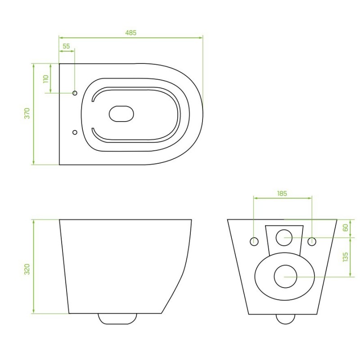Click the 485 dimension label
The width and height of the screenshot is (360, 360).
(130, 33)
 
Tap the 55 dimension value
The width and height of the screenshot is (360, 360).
(66, 46)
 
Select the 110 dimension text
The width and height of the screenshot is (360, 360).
(46, 79)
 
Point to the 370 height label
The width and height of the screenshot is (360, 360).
(27, 113)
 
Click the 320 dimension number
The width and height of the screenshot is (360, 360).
(27, 269)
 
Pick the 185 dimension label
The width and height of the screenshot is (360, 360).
(282, 193)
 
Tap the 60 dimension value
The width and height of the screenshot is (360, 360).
(345, 228)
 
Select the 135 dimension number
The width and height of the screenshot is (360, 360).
(345, 257)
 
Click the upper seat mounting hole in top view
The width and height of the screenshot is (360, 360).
(75, 93)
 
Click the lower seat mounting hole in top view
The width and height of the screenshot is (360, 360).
(75, 132)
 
